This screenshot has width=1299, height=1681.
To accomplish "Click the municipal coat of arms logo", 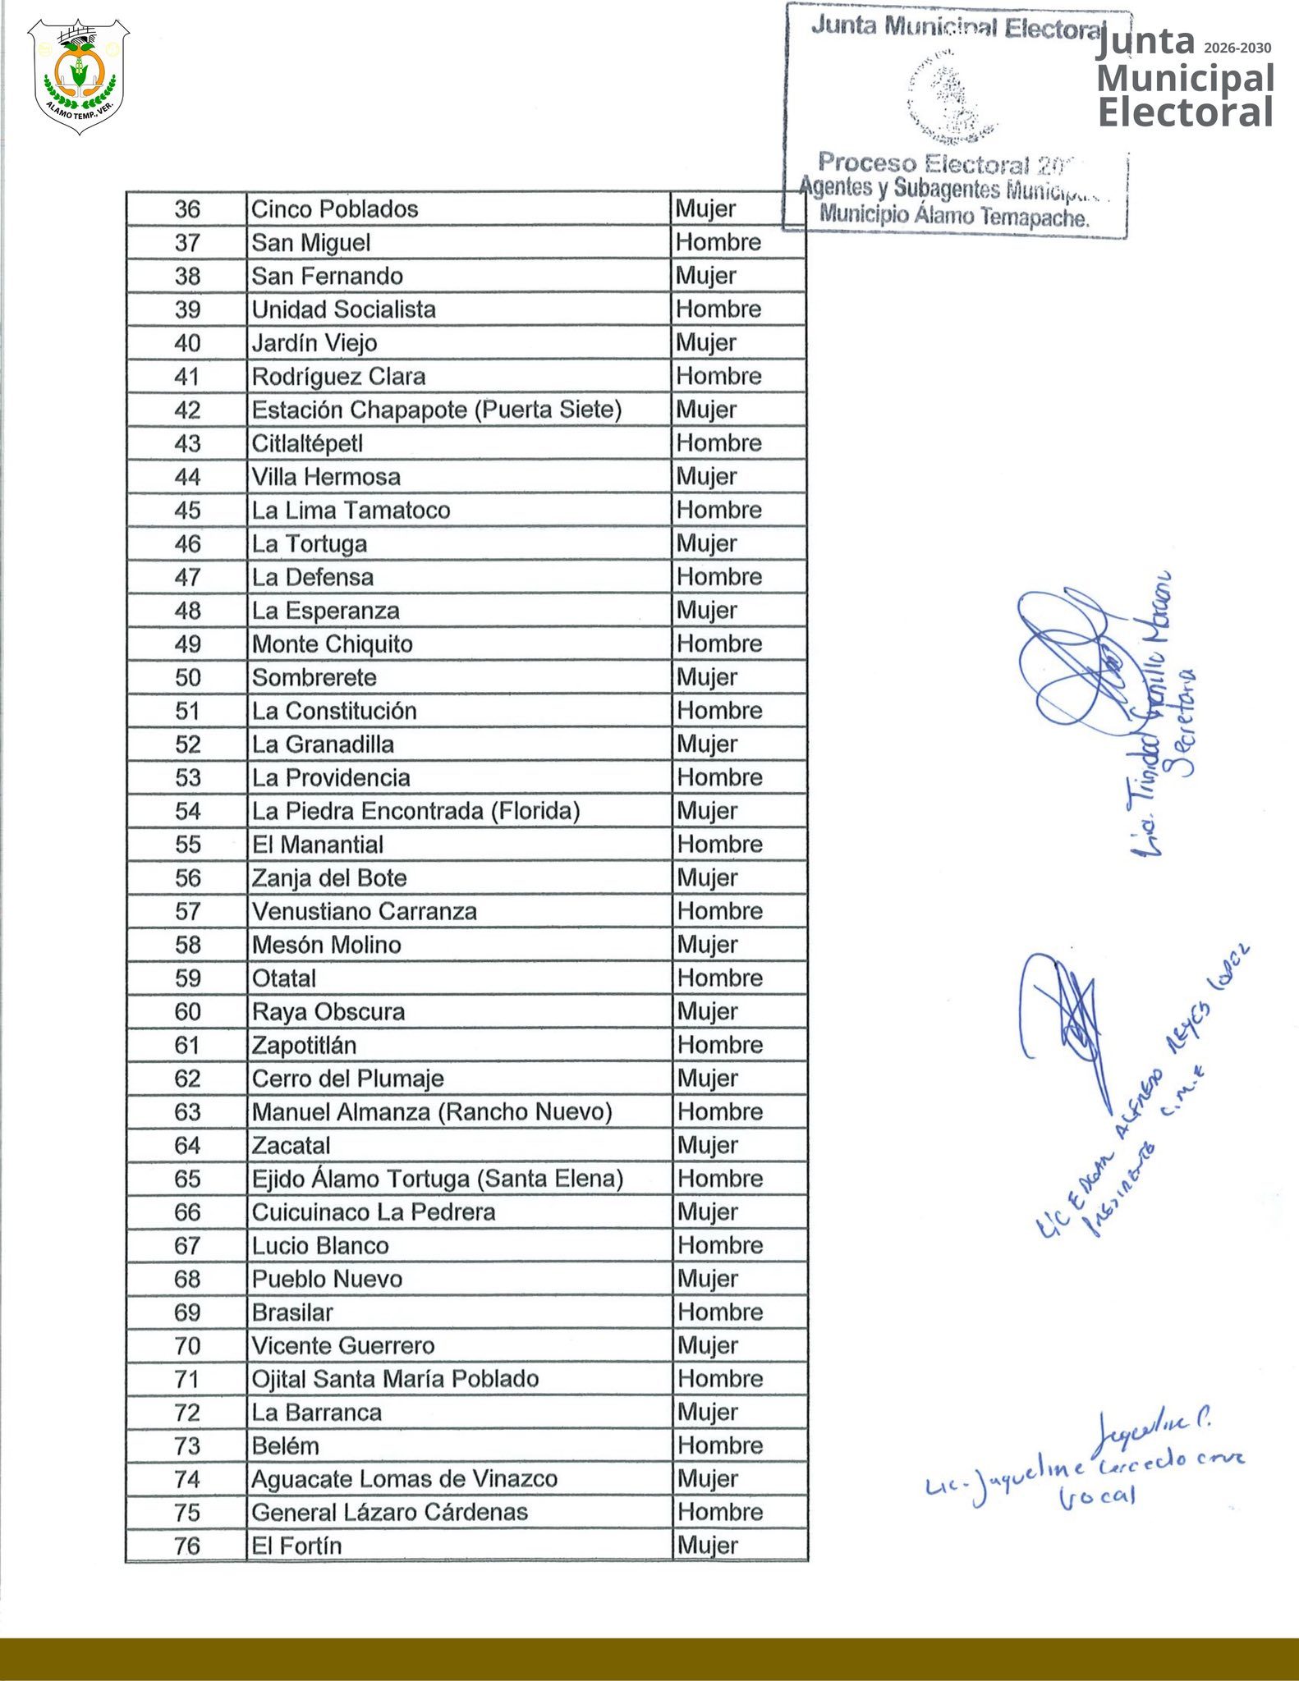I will click(x=78, y=76).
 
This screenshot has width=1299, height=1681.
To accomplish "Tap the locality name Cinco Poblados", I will click(x=334, y=209).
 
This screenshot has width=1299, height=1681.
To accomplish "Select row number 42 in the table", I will click(x=187, y=410).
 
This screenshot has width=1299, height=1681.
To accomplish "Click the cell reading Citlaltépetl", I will click(x=307, y=444).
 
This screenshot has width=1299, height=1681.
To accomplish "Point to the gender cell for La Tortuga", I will click(x=706, y=544).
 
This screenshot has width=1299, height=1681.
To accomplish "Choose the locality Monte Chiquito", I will click(x=333, y=644).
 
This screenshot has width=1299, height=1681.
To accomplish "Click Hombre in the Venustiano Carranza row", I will click(x=719, y=911).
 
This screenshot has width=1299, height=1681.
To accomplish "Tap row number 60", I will click(x=187, y=1012).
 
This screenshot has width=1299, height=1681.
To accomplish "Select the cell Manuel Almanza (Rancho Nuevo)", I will click(x=432, y=1112).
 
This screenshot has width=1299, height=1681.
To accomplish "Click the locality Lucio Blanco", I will click(x=320, y=1246).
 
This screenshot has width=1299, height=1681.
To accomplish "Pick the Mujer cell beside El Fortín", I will click(x=707, y=1546).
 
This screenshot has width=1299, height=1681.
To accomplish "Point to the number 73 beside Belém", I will click(x=187, y=1446).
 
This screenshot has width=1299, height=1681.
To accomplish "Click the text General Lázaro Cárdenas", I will click(x=389, y=1513).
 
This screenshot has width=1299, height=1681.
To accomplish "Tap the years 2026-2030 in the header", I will click(x=1237, y=48).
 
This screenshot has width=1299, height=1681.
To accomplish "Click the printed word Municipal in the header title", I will click(x=1185, y=79).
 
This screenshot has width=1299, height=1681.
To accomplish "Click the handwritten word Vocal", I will click(x=1097, y=1496).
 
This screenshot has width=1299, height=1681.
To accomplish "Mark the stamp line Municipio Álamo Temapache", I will click(x=954, y=217).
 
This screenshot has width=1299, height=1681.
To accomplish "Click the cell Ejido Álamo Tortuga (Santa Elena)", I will click(x=437, y=1179).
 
